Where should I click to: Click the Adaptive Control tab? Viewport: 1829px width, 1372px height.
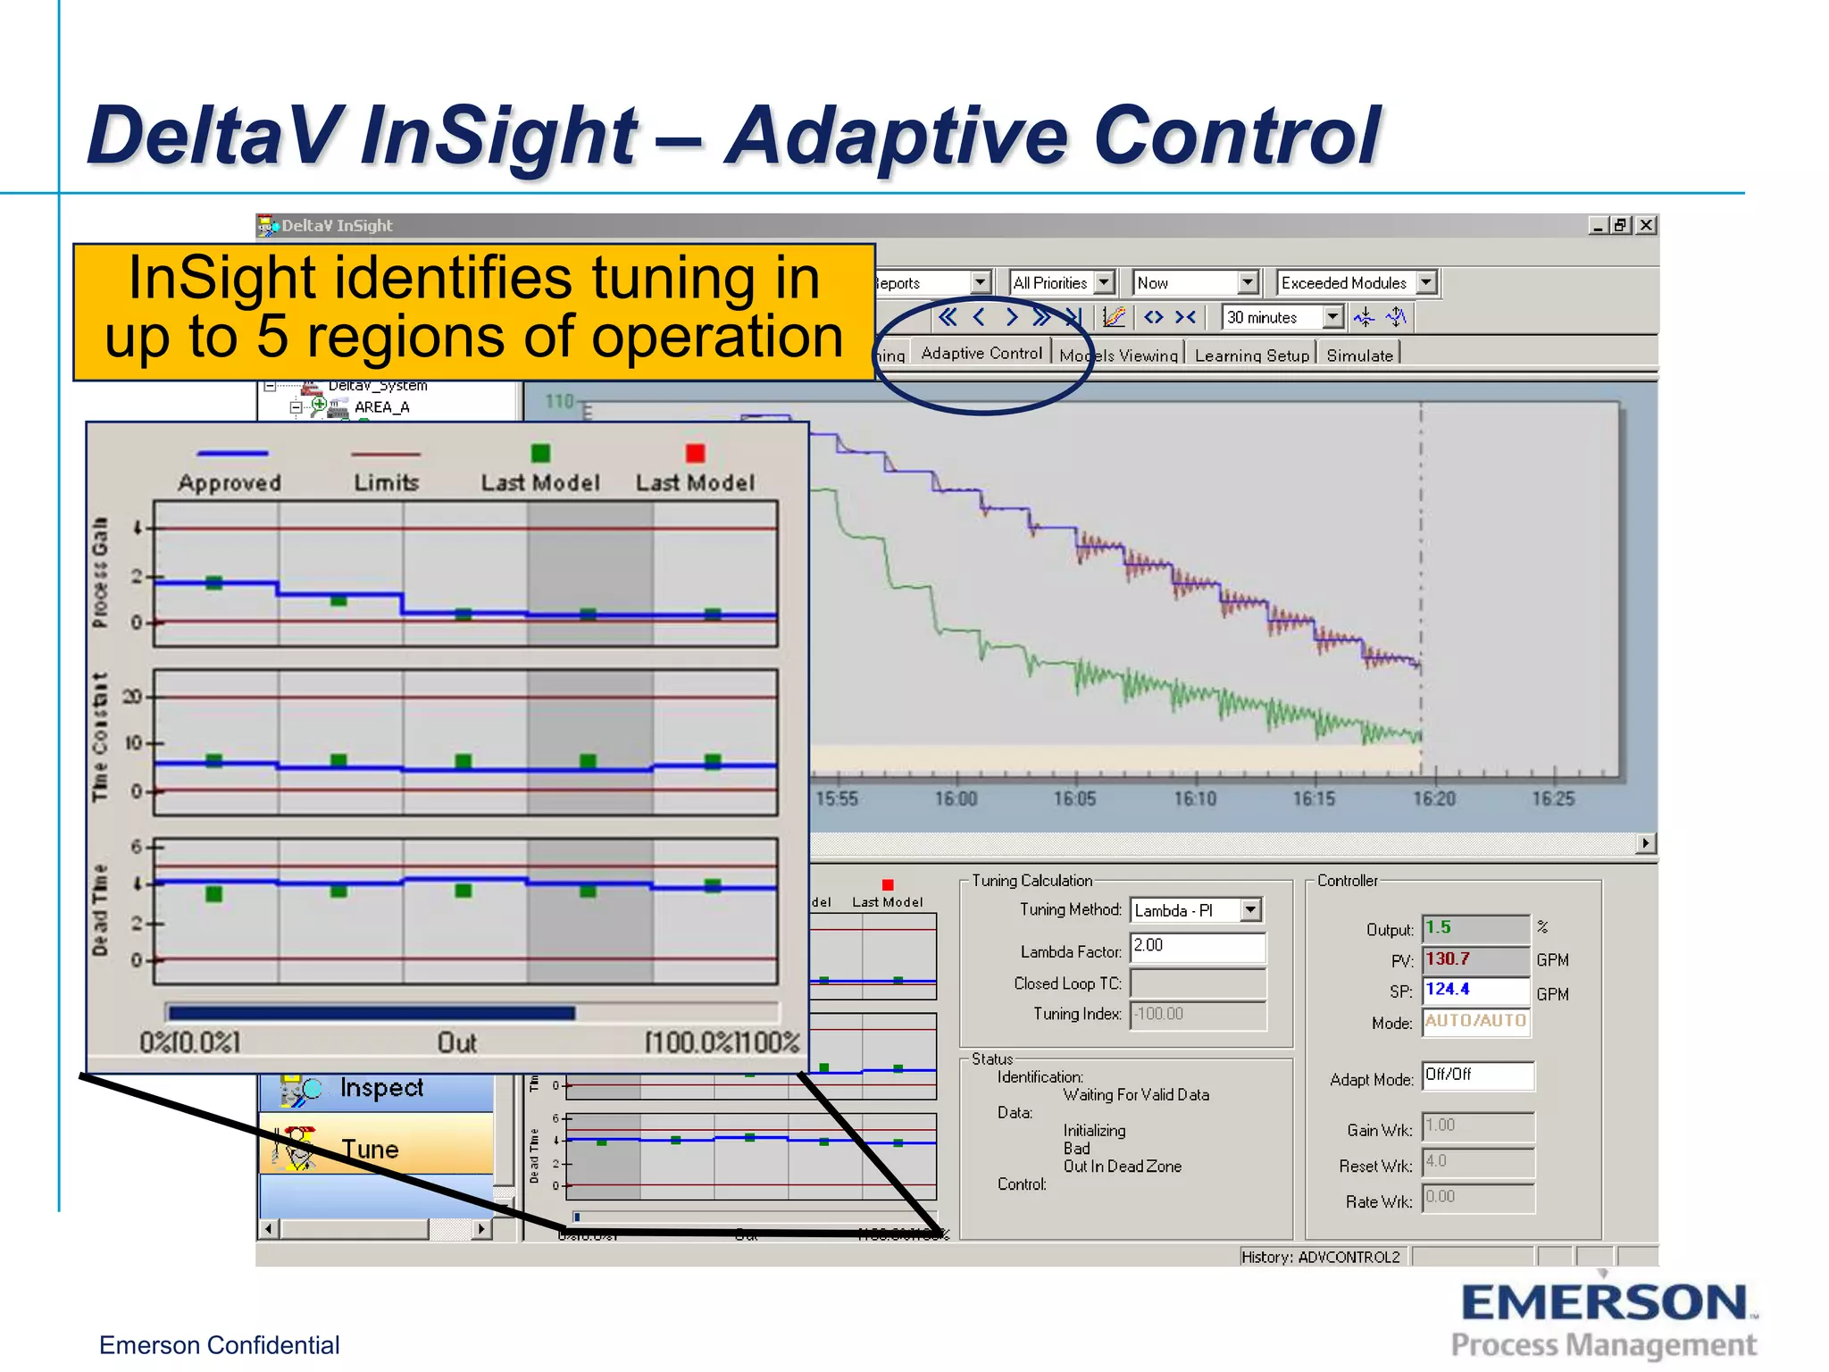(981, 354)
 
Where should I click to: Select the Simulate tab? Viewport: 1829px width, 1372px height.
(1359, 356)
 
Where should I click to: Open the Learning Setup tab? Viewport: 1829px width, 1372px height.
(1251, 356)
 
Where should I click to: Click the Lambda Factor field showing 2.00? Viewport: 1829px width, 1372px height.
(1197, 946)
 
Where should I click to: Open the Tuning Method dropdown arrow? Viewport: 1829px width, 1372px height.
(1250, 910)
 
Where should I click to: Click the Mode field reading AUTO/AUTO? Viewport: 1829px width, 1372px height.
(1475, 1021)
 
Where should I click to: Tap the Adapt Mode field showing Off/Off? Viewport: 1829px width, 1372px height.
(1477, 1075)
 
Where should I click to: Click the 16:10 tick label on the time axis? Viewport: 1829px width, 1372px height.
(1195, 799)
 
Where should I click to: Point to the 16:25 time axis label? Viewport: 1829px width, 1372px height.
(1553, 799)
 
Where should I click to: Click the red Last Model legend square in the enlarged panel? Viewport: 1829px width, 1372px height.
(695, 454)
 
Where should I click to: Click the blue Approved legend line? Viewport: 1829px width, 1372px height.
(232, 454)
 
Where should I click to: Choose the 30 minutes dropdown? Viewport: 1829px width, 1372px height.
(1282, 317)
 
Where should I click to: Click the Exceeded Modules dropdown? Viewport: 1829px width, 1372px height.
(1356, 283)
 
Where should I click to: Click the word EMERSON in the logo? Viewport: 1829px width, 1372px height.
(1604, 1303)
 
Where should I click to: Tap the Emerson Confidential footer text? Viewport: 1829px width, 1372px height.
(219, 1345)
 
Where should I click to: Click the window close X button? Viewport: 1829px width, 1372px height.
(1646, 225)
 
